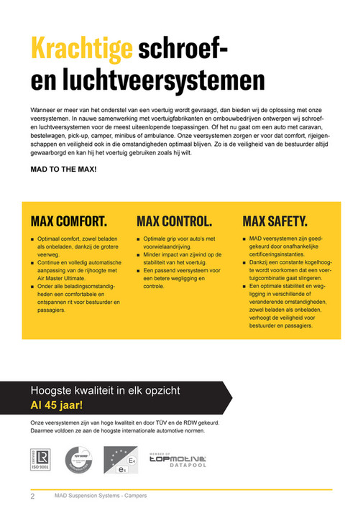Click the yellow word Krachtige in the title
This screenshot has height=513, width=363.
(81, 49)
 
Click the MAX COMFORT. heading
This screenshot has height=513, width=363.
(69, 221)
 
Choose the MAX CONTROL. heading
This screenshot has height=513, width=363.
(174, 221)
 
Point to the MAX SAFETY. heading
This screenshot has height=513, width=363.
(275, 221)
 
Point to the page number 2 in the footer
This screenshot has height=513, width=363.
(32, 496)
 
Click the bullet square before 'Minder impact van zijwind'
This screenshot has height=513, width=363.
(138, 254)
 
